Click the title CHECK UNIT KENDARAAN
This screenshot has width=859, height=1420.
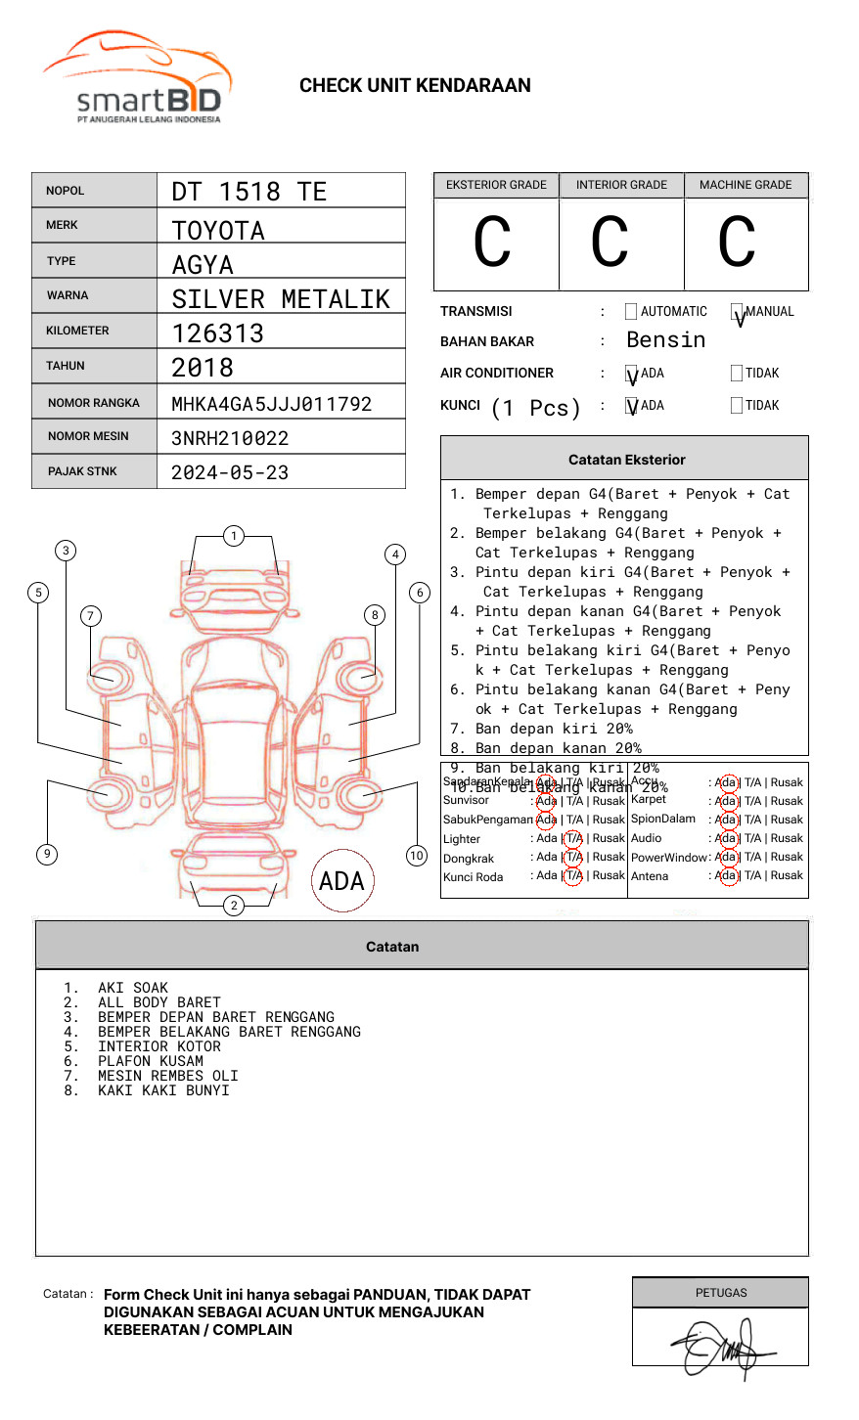[415, 86]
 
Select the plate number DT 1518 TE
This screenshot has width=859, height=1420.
[249, 192]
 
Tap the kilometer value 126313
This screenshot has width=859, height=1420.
[218, 333]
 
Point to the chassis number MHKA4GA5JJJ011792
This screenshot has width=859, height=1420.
[271, 404]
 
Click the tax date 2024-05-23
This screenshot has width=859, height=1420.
[230, 472]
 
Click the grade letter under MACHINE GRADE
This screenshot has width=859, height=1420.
[737, 242]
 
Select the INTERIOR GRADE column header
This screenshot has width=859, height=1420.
[621, 185]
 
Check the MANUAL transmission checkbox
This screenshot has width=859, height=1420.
[738, 312]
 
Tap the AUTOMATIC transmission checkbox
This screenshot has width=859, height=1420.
[631, 312]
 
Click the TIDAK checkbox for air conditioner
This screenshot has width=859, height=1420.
[737, 373]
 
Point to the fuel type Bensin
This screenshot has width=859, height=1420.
[665, 340]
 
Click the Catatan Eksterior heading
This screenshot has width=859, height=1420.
[626, 460]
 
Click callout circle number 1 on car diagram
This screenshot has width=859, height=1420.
[233, 536]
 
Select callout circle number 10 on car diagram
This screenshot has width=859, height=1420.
[417, 856]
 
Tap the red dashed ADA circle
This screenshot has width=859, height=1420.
[341, 881]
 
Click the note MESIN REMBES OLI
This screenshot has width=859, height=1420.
[167, 1076]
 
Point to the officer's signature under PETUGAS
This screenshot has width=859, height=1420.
[721, 1348]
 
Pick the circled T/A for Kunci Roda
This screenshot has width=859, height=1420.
[573, 876]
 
